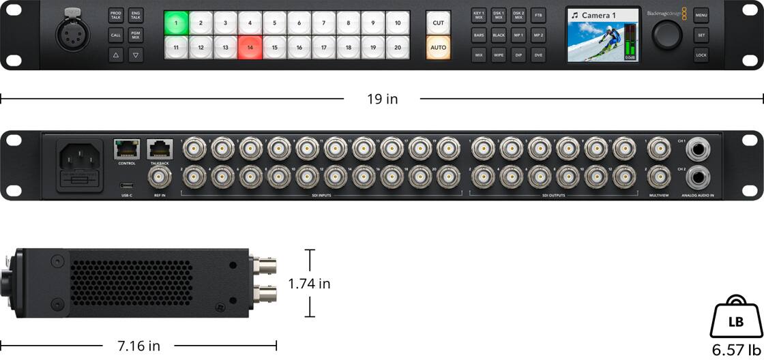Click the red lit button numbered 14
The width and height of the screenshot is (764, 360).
click(250, 48)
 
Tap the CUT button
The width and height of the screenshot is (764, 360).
click(438, 22)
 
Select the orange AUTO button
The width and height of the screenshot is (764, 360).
click(438, 48)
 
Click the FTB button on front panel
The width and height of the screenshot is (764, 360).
click(538, 14)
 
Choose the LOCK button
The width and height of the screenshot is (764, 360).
click(701, 55)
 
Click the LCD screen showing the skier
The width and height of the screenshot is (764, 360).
click(602, 35)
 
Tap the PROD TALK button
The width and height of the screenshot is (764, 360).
click(115, 15)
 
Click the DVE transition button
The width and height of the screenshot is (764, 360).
click(538, 55)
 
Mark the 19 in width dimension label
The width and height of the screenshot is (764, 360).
click(382, 99)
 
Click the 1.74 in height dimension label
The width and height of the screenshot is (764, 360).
click(309, 284)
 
